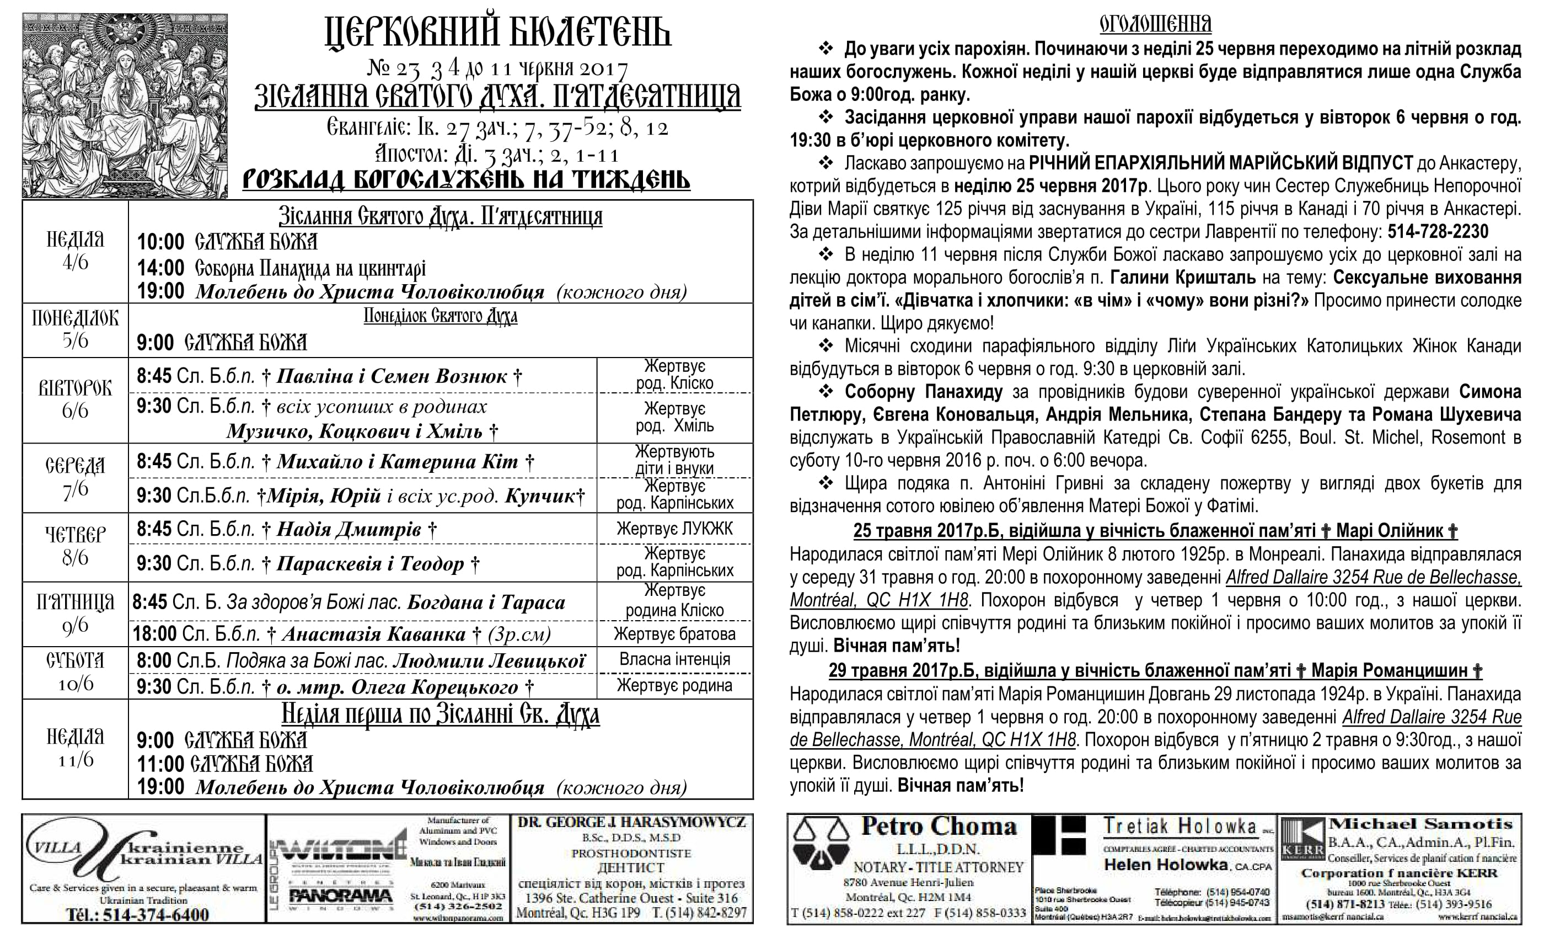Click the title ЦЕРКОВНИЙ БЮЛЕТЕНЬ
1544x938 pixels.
click(x=498, y=33)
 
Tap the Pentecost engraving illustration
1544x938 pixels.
click(x=125, y=105)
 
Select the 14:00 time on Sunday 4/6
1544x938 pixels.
click(x=160, y=268)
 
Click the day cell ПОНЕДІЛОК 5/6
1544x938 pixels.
click(x=75, y=330)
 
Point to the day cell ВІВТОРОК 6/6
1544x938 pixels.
click(x=75, y=399)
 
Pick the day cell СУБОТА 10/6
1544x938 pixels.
click(x=75, y=672)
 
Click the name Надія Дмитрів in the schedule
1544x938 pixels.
click(x=349, y=530)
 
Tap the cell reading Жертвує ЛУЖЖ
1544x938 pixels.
click(x=674, y=529)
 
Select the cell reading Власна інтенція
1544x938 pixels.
click(x=674, y=659)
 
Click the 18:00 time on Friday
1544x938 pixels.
click(x=154, y=634)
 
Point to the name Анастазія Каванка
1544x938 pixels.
click(x=373, y=634)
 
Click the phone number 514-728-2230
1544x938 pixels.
click(x=1438, y=232)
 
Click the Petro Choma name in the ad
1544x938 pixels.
click(x=938, y=827)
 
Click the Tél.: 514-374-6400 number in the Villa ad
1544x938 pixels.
click(x=138, y=914)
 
